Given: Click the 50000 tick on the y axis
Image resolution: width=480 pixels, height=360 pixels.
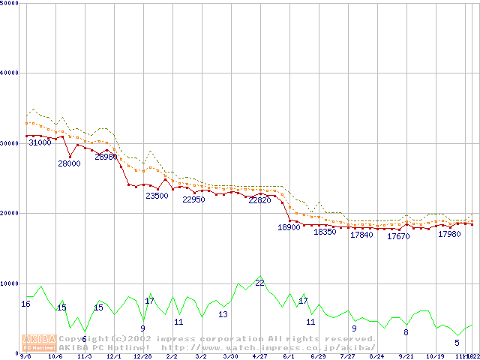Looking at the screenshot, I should click(10, 3).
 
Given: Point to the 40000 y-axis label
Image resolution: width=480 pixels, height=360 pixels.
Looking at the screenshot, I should click(10, 73).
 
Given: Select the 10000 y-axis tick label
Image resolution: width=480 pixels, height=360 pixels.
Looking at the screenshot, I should click(10, 283).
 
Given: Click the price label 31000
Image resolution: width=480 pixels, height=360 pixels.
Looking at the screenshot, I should click(40, 142).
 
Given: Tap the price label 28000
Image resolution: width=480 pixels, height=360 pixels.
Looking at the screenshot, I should click(69, 163).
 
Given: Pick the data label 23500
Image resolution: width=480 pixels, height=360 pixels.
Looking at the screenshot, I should click(157, 196).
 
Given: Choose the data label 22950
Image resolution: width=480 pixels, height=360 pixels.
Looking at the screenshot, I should click(193, 199).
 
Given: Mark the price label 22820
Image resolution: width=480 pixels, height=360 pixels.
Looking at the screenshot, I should click(259, 200).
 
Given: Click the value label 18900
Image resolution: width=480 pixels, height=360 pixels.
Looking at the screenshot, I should click(289, 227).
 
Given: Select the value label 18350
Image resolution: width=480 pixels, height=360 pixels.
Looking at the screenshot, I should click(325, 232).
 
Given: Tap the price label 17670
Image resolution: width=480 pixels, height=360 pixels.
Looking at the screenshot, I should click(398, 236).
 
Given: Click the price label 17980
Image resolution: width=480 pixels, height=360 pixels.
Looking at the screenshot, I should click(449, 234).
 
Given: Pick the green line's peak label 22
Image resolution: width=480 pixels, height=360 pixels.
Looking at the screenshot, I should click(259, 283).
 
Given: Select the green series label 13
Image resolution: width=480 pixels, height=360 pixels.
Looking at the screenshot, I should click(223, 314).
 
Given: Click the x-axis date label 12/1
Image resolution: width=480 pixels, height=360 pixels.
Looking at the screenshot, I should click(113, 356).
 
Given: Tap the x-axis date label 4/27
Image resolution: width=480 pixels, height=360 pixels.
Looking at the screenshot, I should click(259, 356).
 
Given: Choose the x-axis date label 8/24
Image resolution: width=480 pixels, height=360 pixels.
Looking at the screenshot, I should click(376, 356).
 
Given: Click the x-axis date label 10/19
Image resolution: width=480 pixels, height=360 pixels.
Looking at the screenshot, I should click(435, 356).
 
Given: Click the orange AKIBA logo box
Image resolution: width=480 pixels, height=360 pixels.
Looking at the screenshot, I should click(38, 342).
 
